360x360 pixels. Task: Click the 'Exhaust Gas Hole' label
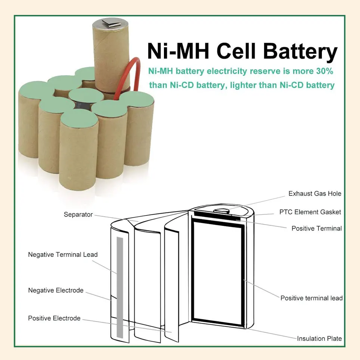(315, 193)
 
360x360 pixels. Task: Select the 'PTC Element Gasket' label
(310, 212)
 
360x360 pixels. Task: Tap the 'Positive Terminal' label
(316, 228)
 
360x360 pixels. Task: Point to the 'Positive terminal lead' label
(311, 298)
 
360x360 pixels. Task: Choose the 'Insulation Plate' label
(319, 338)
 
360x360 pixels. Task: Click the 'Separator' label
(78, 214)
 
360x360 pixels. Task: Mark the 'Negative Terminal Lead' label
(63, 255)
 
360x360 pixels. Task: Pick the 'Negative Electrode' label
(56, 290)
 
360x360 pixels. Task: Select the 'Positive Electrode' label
(54, 318)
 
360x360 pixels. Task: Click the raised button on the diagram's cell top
(222, 210)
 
